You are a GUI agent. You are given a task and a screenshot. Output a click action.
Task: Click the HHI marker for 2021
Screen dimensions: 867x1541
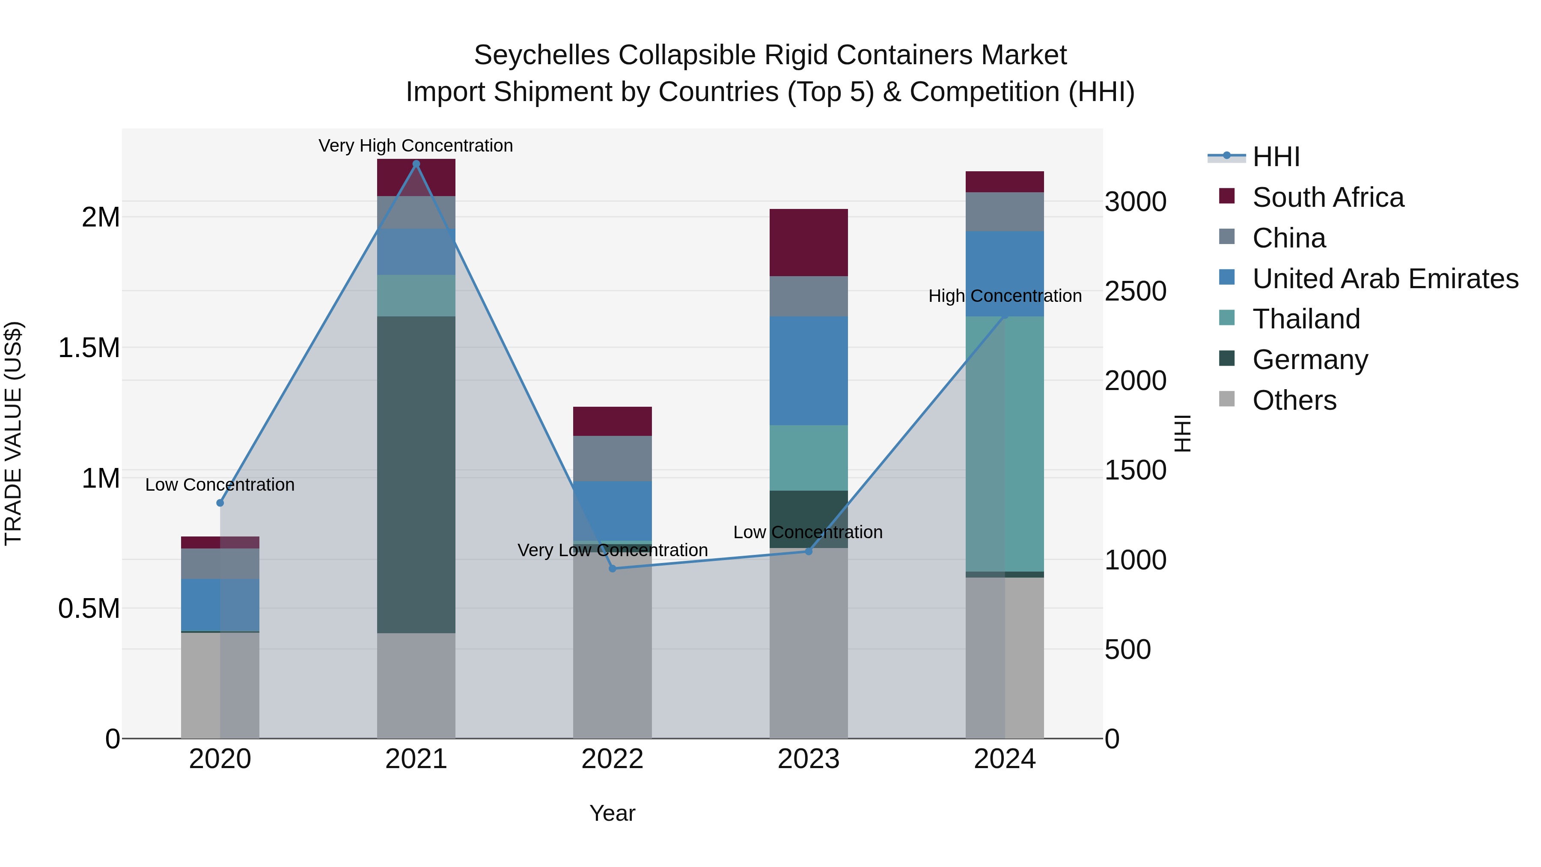(x=416, y=164)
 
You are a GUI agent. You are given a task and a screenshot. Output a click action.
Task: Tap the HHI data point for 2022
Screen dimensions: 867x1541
(x=612, y=569)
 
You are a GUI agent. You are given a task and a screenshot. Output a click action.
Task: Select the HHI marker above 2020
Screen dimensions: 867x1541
(x=220, y=503)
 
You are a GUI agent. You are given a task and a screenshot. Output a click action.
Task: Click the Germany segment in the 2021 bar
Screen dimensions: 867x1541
(x=416, y=474)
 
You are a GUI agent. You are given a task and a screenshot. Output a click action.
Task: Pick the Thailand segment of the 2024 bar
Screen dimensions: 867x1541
(x=1005, y=444)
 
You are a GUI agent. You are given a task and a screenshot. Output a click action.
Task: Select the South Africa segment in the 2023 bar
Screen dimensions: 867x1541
(x=808, y=242)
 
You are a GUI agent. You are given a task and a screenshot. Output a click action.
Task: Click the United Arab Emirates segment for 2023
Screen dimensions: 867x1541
(x=808, y=370)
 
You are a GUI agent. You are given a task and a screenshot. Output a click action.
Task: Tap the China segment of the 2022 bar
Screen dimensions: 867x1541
(x=612, y=458)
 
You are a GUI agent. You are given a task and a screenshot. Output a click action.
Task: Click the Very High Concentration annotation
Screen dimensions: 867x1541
(x=416, y=146)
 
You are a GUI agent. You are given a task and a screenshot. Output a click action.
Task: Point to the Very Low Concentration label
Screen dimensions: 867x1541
(x=612, y=550)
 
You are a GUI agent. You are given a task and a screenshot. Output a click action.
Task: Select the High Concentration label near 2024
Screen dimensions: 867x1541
(x=1005, y=295)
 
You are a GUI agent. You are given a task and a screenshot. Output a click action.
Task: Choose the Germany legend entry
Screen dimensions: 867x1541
(x=1310, y=360)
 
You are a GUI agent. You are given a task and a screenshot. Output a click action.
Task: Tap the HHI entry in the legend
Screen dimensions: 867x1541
(x=1276, y=157)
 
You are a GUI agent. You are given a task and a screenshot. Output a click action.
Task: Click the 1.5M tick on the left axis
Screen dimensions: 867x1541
(x=89, y=348)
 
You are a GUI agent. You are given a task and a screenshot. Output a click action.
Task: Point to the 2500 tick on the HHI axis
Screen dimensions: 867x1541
(x=1135, y=292)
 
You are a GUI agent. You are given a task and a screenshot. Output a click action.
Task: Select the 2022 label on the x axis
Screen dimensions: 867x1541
(x=612, y=759)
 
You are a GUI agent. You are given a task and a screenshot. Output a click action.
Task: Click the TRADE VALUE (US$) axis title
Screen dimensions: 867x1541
(x=13, y=433)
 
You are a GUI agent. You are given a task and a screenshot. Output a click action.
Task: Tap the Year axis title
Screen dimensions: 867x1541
(x=612, y=813)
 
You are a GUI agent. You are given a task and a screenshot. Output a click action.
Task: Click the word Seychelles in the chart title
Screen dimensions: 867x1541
(x=542, y=55)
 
